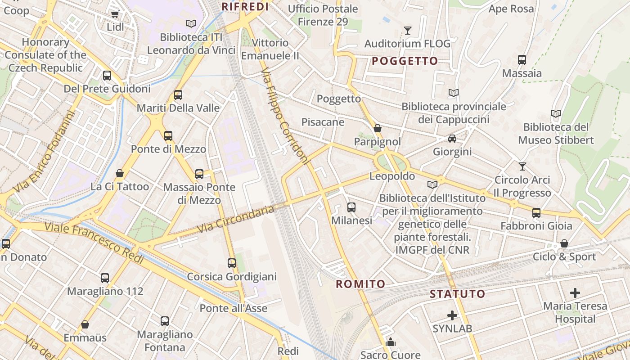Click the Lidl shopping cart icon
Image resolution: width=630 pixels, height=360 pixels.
115,14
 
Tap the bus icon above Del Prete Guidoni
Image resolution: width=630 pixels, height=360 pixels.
107,75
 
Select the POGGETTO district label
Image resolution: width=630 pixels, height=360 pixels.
405,61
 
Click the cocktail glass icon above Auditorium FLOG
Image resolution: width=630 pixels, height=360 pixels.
408,31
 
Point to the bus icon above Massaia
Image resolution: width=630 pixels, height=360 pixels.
522,59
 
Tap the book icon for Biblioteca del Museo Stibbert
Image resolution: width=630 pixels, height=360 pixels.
556,114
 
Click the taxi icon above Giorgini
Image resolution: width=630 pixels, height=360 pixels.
452,139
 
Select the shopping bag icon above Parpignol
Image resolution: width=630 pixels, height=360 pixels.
378,129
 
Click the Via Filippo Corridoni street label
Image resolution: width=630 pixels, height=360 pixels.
286,117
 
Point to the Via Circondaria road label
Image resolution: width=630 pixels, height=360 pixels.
235,220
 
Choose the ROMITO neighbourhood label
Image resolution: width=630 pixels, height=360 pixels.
360,284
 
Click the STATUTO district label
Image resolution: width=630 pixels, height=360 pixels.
458,294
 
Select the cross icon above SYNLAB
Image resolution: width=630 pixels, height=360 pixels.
452,315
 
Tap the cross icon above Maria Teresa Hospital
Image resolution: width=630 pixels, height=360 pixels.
575,293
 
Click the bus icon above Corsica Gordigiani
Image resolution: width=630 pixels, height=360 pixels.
232,263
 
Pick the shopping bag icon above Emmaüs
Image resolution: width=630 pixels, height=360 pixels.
85,324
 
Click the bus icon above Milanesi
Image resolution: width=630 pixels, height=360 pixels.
351,207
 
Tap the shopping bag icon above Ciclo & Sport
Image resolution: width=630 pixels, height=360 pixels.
564,244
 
